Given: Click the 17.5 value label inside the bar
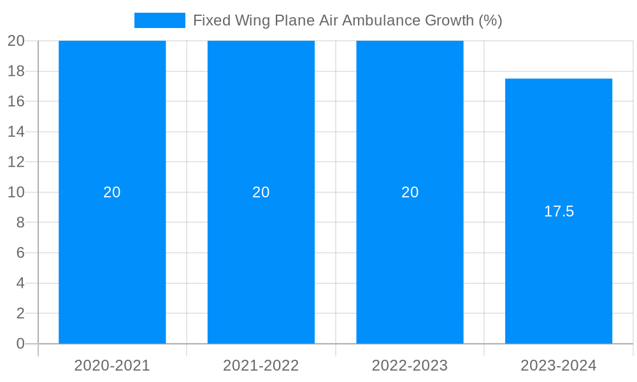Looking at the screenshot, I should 559,211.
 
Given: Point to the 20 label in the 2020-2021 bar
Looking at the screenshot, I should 112,192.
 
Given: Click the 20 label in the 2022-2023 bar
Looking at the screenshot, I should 410,192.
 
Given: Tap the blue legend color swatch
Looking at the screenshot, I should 159,20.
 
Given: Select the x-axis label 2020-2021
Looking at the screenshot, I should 112,365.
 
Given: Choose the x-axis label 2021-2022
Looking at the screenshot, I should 261,365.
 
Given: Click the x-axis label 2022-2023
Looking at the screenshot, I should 410,365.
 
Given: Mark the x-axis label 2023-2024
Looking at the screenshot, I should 559,365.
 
